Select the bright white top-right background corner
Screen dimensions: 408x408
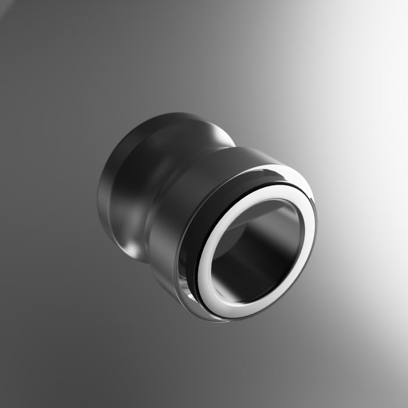(x=396, y=12)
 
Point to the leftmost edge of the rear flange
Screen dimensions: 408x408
(x=99, y=192)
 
